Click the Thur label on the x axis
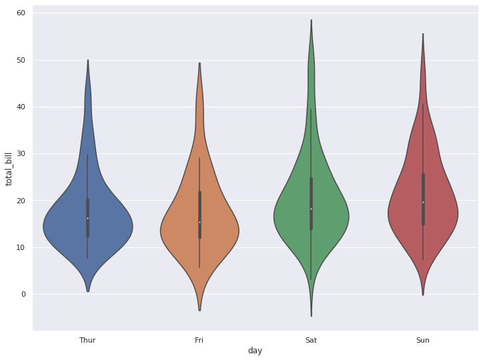click(x=87, y=340)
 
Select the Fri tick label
click(x=199, y=340)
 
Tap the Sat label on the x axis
click(x=311, y=340)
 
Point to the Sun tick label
click(x=423, y=340)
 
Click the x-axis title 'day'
click(x=255, y=351)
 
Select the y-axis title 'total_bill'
click(x=9, y=169)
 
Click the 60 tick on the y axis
click(x=21, y=13)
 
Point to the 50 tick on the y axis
click(x=21, y=60)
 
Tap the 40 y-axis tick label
click(x=21, y=107)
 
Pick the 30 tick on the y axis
click(x=21, y=154)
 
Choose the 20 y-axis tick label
click(x=21, y=201)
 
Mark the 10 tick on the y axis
click(x=21, y=247)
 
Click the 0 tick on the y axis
click(x=23, y=294)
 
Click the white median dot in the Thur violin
click(x=87, y=218)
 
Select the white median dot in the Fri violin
click(x=199, y=222)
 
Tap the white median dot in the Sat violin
click(x=311, y=209)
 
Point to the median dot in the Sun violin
click(x=423, y=202)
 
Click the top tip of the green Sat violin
click(x=311, y=20)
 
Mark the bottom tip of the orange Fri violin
click(x=199, y=310)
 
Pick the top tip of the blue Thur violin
click(x=87, y=60)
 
